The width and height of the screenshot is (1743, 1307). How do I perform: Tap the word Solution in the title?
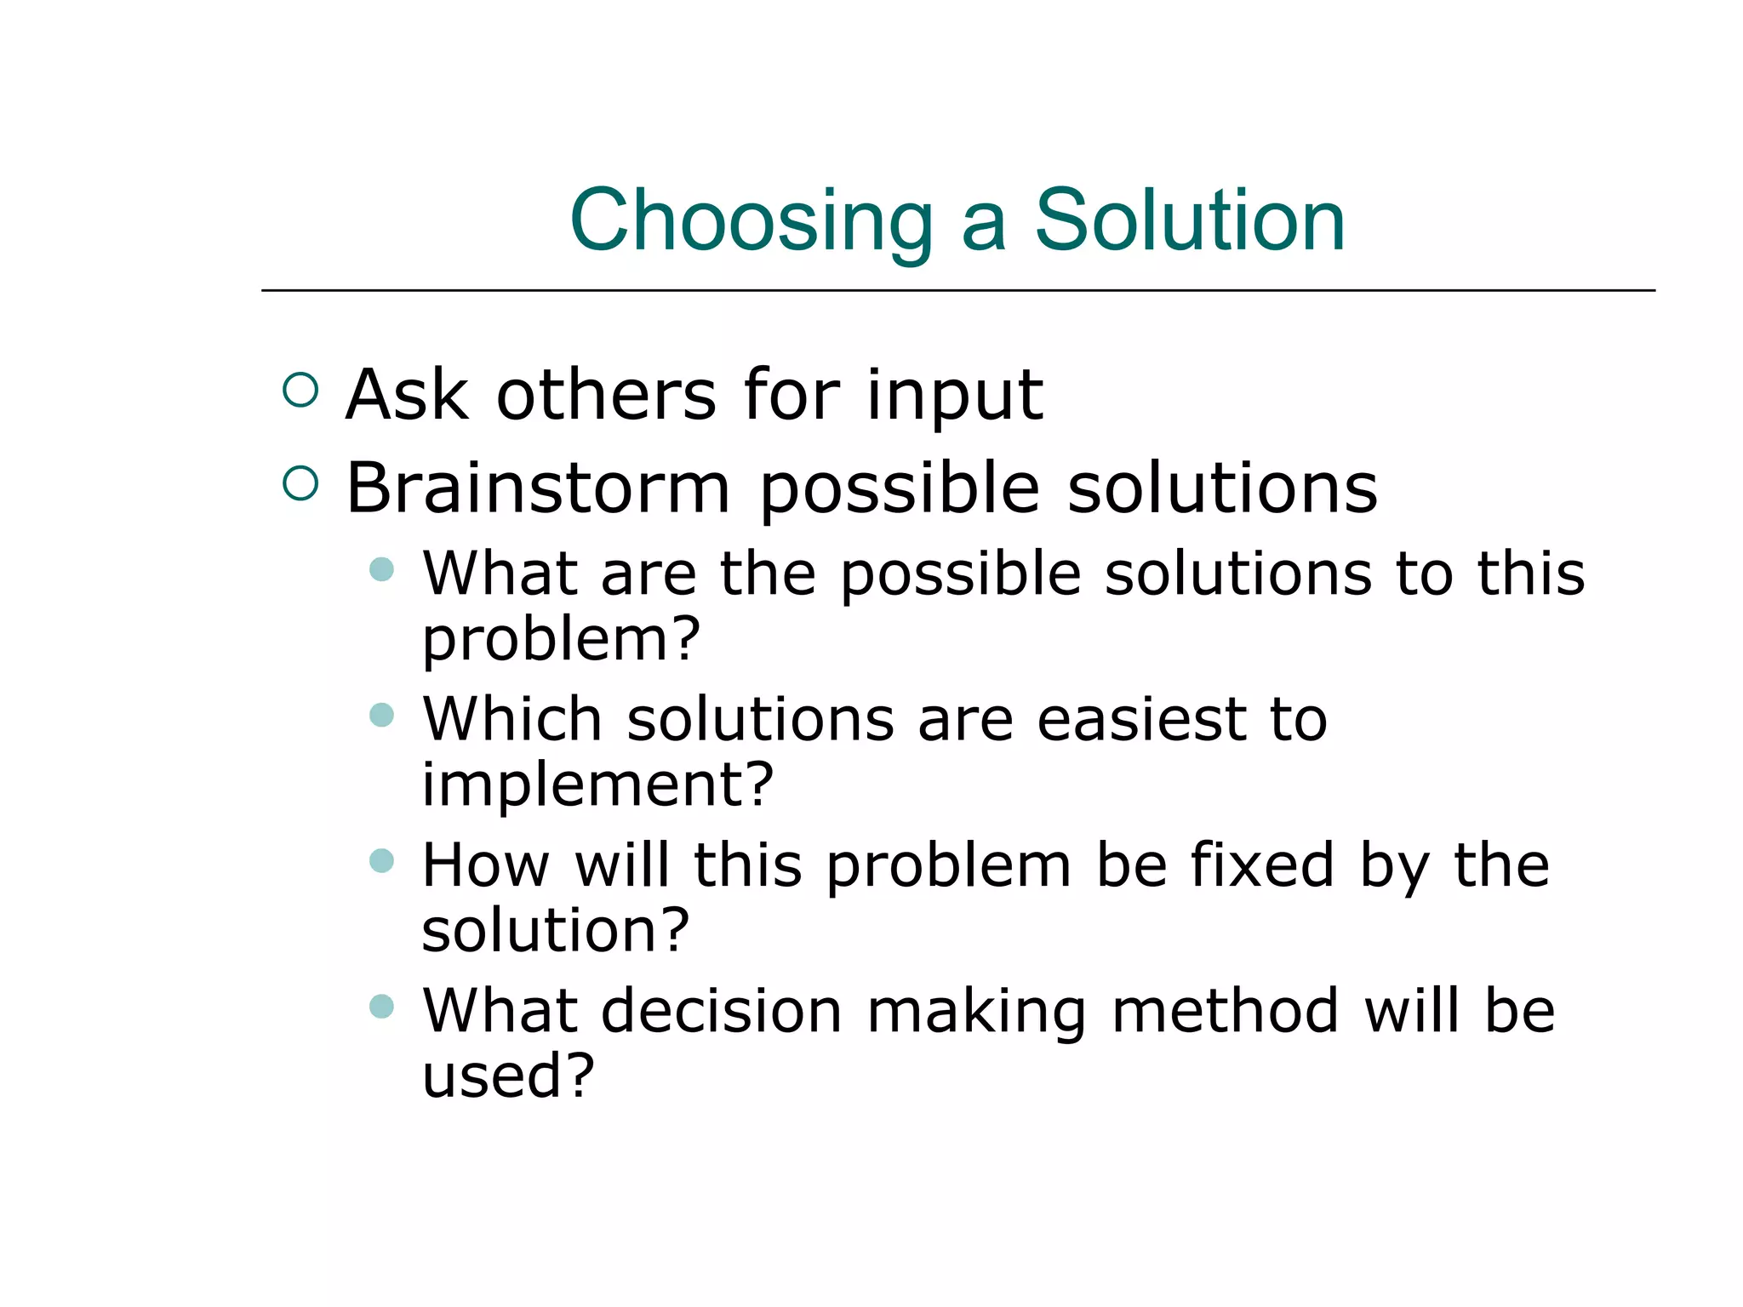tap(1189, 221)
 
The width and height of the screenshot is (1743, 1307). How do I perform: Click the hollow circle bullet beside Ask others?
tap(300, 390)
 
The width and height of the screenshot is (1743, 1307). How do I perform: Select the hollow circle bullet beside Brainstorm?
tap(300, 482)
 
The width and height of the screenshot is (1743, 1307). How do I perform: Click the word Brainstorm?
tap(538, 488)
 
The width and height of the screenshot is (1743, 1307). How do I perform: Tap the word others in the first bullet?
tap(606, 396)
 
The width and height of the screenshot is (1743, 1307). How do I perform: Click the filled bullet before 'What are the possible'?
tap(382, 569)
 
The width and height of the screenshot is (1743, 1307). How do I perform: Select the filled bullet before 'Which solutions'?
tap(382, 714)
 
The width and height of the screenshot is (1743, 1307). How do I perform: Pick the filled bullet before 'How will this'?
tap(382, 860)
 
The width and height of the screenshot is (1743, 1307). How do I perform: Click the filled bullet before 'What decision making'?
tap(382, 1007)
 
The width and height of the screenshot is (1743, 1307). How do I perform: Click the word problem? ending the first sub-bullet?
tap(561, 640)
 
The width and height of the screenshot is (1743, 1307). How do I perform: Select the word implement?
tap(597, 785)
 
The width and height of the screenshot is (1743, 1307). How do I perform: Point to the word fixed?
tap(1261, 865)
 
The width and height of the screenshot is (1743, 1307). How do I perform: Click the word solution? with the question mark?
tap(555, 930)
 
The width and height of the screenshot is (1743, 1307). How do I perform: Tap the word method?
tap(1226, 1011)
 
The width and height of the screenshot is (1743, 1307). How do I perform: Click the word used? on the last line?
tap(508, 1076)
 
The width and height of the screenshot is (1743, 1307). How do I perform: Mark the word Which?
tap(512, 720)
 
